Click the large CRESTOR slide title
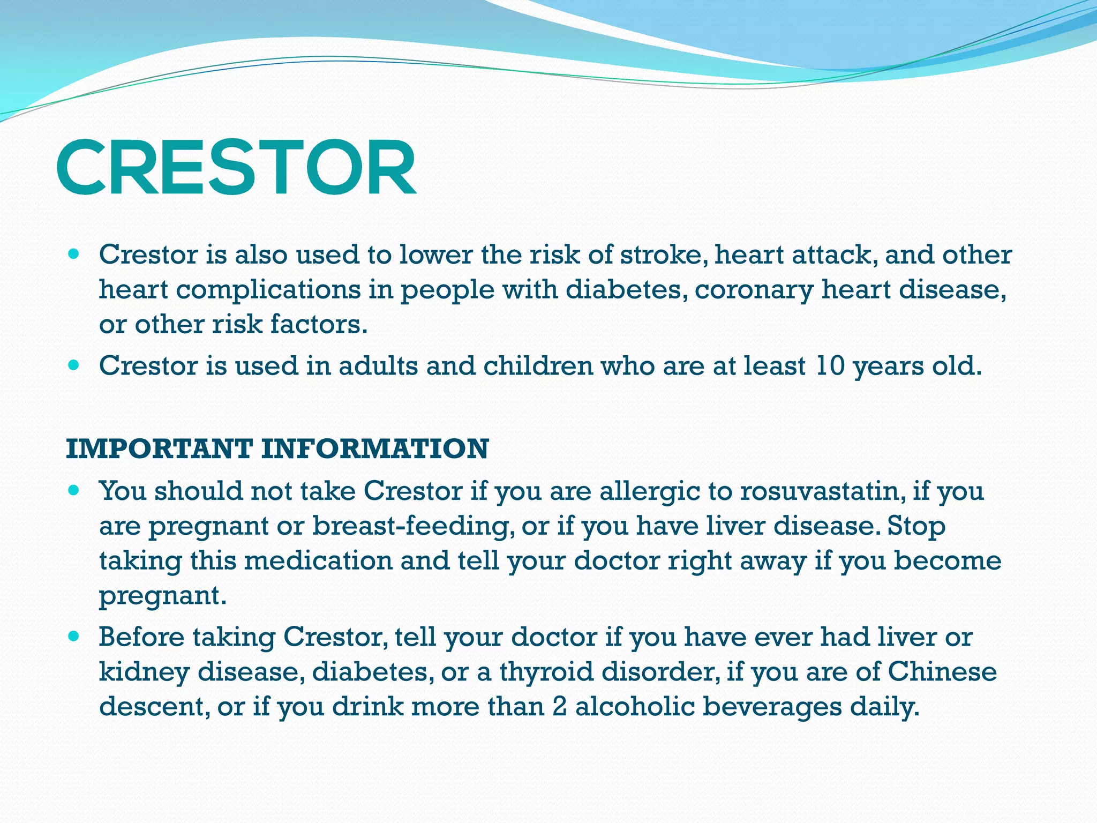point(236,167)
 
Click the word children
point(538,366)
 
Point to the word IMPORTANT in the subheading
point(159,448)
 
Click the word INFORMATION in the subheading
point(375,448)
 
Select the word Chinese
point(942,672)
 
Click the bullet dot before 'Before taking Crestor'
point(74,636)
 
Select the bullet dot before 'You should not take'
point(74,490)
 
